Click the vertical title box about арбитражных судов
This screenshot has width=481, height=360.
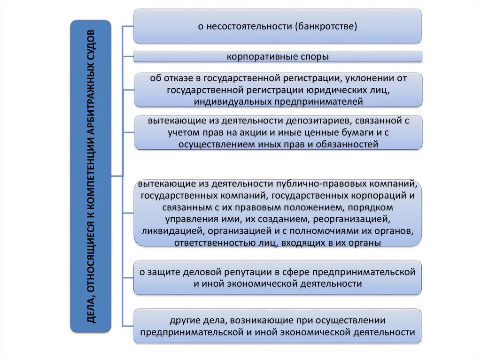[x=91, y=176]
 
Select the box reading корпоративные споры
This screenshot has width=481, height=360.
[x=278, y=57]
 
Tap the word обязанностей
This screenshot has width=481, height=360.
[x=348, y=145]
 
